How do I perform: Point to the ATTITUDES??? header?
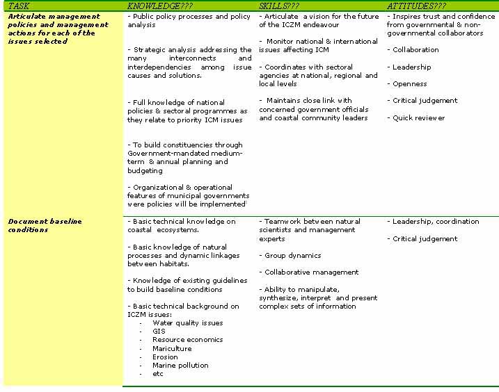point(416,6)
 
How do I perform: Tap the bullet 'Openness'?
point(409,84)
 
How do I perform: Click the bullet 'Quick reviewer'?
point(418,118)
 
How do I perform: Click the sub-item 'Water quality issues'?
point(187,323)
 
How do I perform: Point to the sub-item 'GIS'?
point(159,332)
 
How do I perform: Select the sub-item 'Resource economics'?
point(187,340)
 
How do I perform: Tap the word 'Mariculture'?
point(172,349)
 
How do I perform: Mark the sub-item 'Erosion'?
point(165,357)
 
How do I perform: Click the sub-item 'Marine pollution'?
point(180,366)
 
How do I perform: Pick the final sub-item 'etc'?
point(158,374)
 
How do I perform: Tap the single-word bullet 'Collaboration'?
point(415,50)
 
